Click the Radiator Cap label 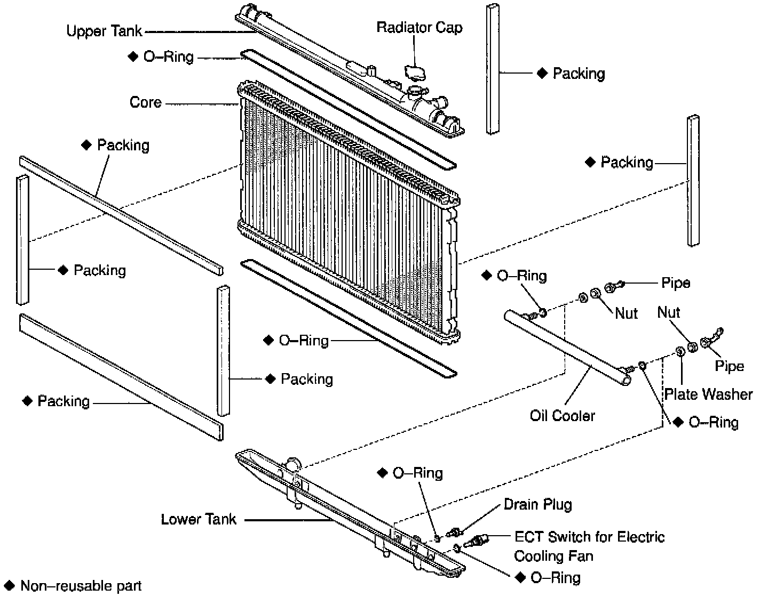(x=419, y=27)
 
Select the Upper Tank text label (x=105, y=31)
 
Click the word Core (x=145, y=102)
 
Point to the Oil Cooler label (x=562, y=415)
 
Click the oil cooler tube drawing (x=566, y=347)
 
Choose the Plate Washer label (x=708, y=394)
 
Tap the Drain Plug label (x=537, y=504)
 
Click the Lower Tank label (x=198, y=519)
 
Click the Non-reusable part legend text (x=81, y=586)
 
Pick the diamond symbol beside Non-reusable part (x=10, y=586)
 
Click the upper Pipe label (x=675, y=283)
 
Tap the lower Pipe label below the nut (x=729, y=366)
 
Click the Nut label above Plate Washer (x=669, y=312)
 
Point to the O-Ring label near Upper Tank (x=168, y=57)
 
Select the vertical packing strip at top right (x=493, y=69)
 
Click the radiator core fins (x=342, y=213)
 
